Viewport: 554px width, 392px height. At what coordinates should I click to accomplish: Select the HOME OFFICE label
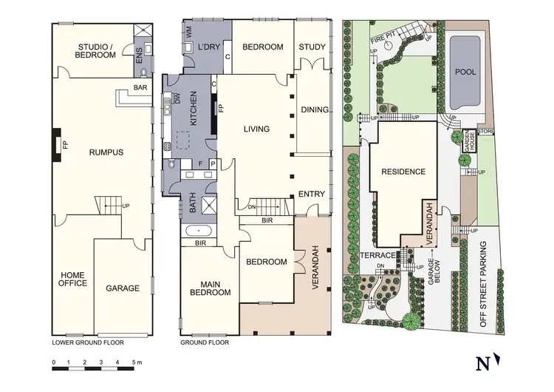pyautogui.click(x=73, y=278)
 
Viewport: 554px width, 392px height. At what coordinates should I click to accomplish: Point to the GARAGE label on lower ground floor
pyautogui.click(x=123, y=288)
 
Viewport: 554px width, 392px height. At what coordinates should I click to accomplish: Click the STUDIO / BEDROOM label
pyautogui.click(x=95, y=50)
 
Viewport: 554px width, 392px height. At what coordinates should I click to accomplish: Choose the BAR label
pyautogui.click(x=140, y=88)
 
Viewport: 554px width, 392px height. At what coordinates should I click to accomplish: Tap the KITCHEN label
pyautogui.click(x=194, y=109)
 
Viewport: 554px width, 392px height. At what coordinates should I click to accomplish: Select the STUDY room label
pyautogui.click(x=312, y=47)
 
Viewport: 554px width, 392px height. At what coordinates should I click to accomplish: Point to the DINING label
pyautogui.click(x=314, y=110)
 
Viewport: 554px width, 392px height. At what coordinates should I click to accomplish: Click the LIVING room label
pyautogui.click(x=257, y=129)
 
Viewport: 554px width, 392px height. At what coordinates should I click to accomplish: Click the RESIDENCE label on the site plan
pyautogui.click(x=403, y=172)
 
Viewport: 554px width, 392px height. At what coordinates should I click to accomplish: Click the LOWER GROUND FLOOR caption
pyautogui.click(x=87, y=342)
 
